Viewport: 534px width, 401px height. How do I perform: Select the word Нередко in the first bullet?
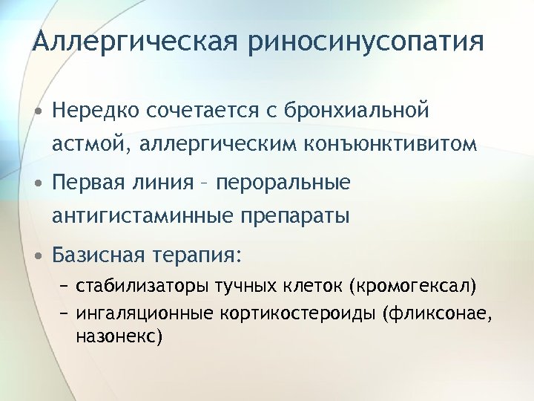96,111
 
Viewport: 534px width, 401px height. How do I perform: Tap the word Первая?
88,183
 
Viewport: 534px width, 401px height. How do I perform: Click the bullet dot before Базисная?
38,256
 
